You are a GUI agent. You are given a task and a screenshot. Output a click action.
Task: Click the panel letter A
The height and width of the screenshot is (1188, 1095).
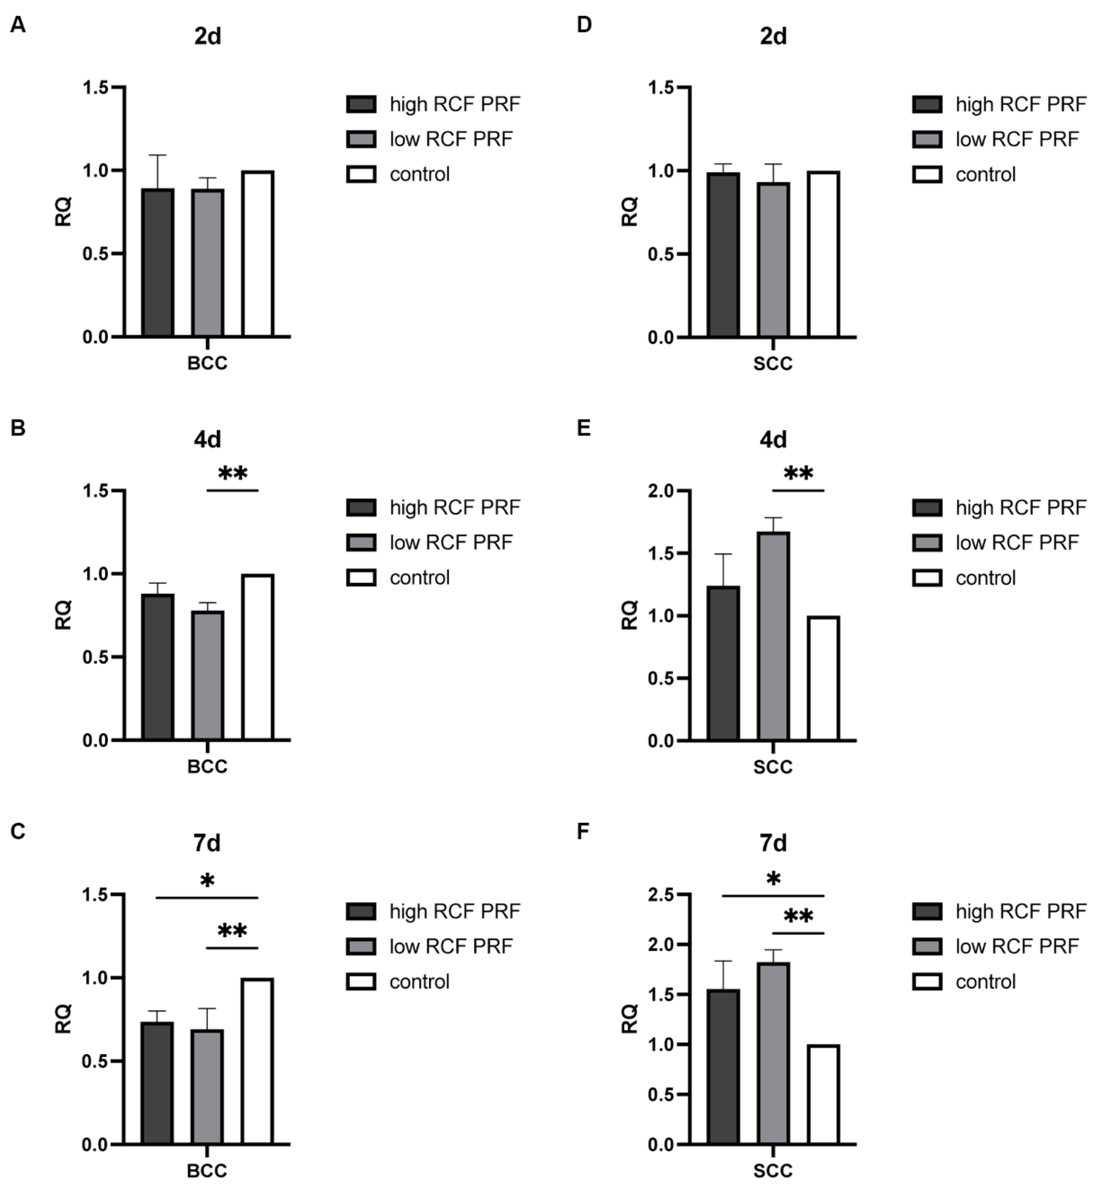coord(18,25)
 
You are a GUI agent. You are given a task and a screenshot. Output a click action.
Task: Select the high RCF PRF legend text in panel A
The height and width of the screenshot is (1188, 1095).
coord(454,104)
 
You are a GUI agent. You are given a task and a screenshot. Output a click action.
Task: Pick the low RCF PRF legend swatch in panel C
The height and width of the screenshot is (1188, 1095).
coord(361,946)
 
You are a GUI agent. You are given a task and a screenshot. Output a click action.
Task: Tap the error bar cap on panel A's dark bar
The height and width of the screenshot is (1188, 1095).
coord(158,155)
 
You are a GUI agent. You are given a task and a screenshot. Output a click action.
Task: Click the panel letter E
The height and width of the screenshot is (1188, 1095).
coord(584,428)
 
